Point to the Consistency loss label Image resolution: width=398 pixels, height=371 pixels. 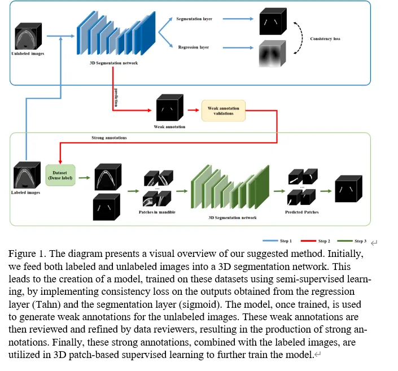[x=325, y=39]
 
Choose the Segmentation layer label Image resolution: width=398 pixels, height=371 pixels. [x=194, y=19]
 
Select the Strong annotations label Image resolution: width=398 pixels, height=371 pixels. [x=108, y=138]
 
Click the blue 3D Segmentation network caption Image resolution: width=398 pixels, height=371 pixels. [x=114, y=63]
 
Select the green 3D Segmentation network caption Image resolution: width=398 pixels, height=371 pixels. [x=233, y=217]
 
